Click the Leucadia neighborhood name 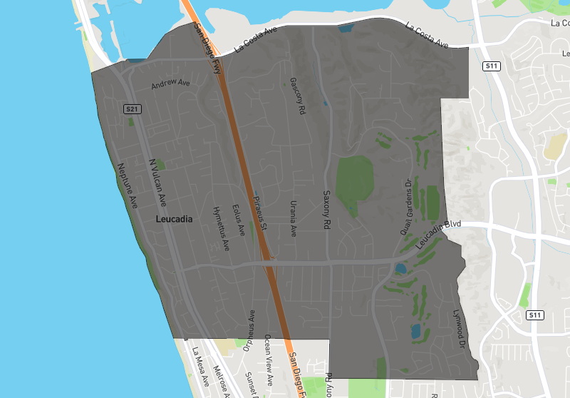click(174, 220)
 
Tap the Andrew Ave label click(171, 84)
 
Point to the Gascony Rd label click(297, 96)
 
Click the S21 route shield click(131, 109)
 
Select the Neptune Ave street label click(127, 185)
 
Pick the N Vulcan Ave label click(157, 182)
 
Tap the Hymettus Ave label click(222, 228)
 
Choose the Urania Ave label click(292, 218)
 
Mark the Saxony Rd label click(328, 209)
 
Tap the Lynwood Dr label click(459, 329)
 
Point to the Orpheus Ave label click(249, 331)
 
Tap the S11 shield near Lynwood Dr click(535, 315)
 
